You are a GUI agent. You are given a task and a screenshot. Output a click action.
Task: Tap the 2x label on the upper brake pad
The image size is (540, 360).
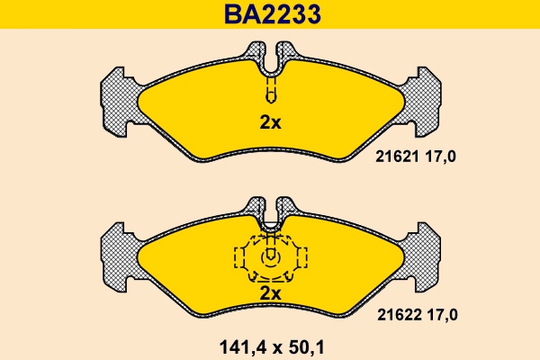pyautogui.click(x=270, y=123)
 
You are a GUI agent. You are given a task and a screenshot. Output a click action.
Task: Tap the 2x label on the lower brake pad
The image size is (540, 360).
pyautogui.click(x=270, y=293)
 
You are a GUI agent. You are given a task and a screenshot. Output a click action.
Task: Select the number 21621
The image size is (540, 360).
pyautogui.click(x=392, y=157)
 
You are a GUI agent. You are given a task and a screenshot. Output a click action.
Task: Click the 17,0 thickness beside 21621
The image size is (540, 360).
pyautogui.click(x=442, y=157)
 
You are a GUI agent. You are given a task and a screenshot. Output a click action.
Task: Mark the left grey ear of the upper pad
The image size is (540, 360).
pyautogui.click(x=116, y=99)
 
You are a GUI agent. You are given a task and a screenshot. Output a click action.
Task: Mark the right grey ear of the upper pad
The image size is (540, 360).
pyautogui.click(x=424, y=99)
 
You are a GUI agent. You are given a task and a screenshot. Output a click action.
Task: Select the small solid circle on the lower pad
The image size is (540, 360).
pyautogui.click(x=270, y=257)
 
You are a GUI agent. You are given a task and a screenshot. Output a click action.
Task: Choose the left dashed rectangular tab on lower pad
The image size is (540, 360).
pyautogui.click(x=240, y=258)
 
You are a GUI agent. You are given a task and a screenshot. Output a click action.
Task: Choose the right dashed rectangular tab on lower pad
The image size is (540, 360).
pyautogui.click(x=300, y=258)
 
